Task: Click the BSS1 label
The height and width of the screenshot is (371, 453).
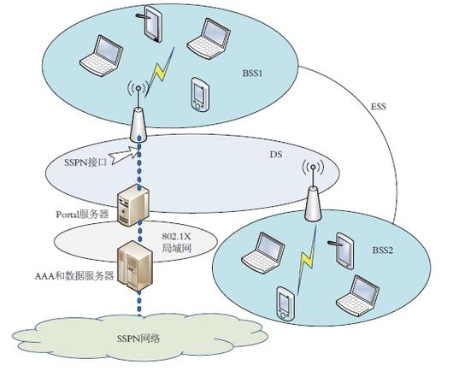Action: point(252,74)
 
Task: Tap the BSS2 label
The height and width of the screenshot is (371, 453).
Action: point(383,250)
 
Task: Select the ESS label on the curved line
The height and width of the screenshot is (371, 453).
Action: point(378,106)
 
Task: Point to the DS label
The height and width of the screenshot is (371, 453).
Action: point(276,155)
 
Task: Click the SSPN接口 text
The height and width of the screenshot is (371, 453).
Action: point(85,162)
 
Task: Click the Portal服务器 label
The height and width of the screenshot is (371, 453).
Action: point(83,215)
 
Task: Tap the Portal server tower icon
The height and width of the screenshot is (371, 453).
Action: point(133,205)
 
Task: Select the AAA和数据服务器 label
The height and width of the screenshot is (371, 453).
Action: point(74,276)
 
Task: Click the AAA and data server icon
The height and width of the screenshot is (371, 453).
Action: point(135,266)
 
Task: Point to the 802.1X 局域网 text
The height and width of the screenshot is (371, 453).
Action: point(176,243)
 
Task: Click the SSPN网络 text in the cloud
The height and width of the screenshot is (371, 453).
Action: point(138,339)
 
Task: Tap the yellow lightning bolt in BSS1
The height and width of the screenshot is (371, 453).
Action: point(160,73)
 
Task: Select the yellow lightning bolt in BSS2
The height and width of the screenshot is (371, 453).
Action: point(307,260)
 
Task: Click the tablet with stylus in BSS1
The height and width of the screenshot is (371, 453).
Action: point(150,24)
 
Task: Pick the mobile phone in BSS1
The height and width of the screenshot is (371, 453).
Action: point(200,94)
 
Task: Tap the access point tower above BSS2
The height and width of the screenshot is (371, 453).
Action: point(313,191)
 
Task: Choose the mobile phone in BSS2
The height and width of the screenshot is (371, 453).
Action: point(285,303)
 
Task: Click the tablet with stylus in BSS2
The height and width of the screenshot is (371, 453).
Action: point(342,250)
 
